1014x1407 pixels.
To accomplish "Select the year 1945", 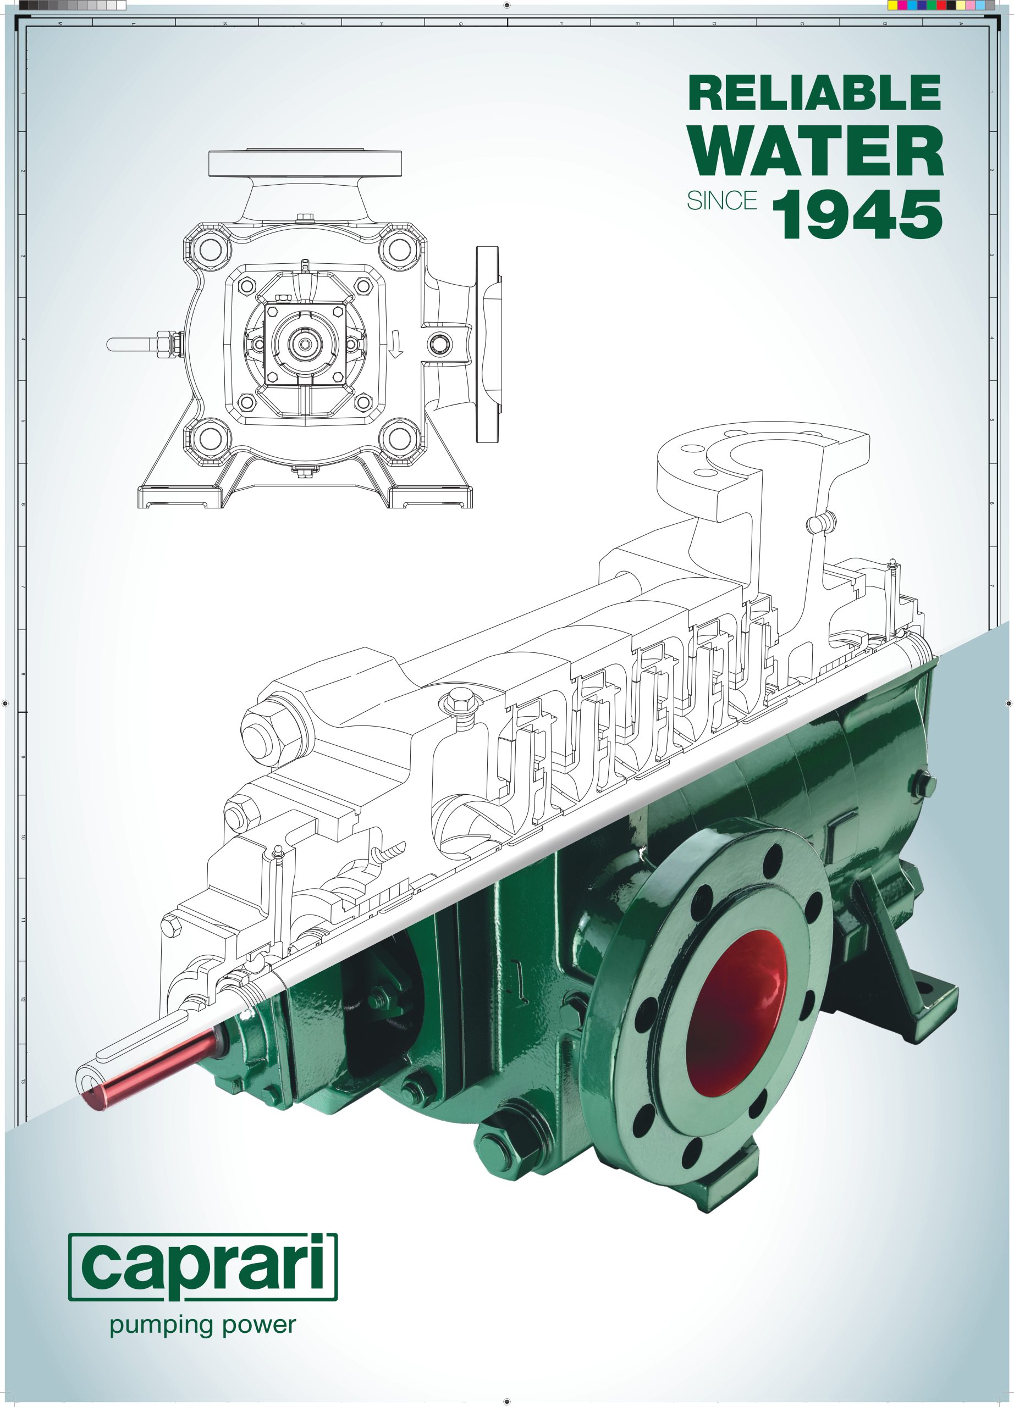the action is coord(858,215).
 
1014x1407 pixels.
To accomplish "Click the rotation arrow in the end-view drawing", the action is coord(396,344).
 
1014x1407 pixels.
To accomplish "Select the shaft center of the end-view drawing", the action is coord(305,343).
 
